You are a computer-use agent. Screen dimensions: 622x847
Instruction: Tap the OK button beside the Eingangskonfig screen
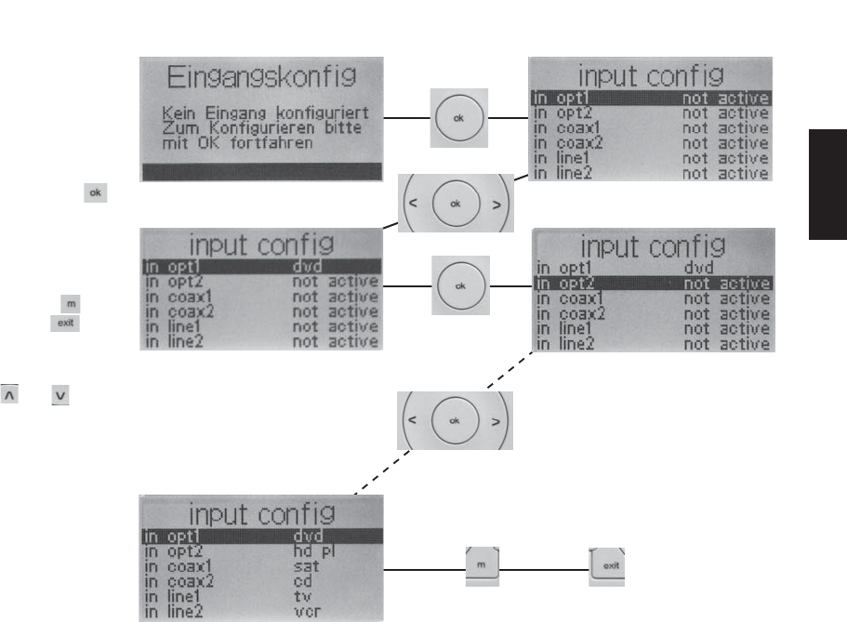[x=458, y=119]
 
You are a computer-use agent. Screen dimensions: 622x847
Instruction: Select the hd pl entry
[x=310, y=550]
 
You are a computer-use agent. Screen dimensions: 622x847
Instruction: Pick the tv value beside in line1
[x=299, y=597]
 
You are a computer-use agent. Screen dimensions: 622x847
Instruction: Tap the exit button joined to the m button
[x=610, y=565]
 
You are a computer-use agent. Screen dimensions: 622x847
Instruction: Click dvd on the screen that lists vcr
[x=306, y=535]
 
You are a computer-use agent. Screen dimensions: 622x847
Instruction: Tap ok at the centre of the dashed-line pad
[x=455, y=420]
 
